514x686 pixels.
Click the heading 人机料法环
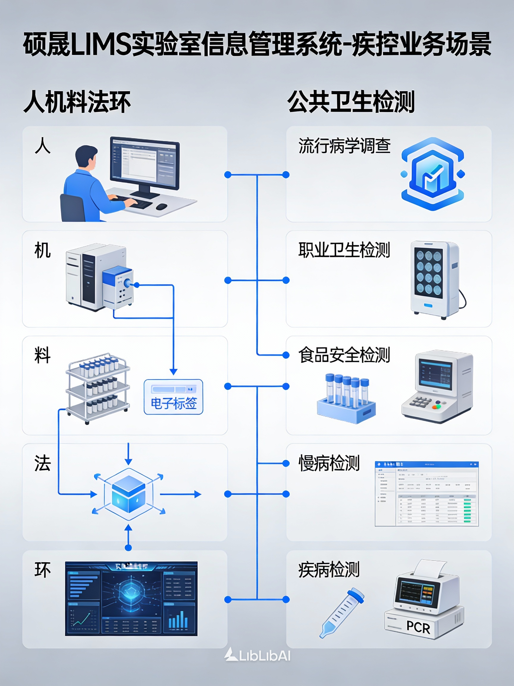(x=77, y=102)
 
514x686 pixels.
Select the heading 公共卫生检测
(x=351, y=102)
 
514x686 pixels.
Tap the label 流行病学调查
(x=344, y=146)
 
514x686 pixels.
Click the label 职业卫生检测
(x=344, y=250)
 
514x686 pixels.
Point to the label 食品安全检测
(x=344, y=355)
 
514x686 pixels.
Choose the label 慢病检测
(x=329, y=463)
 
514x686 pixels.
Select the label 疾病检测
(x=329, y=569)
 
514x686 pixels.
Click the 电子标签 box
(x=173, y=397)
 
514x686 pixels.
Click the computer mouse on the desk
(x=162, y=206)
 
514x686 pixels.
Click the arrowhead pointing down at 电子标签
(x=173, y=372)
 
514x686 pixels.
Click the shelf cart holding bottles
(x=98, y=388)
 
